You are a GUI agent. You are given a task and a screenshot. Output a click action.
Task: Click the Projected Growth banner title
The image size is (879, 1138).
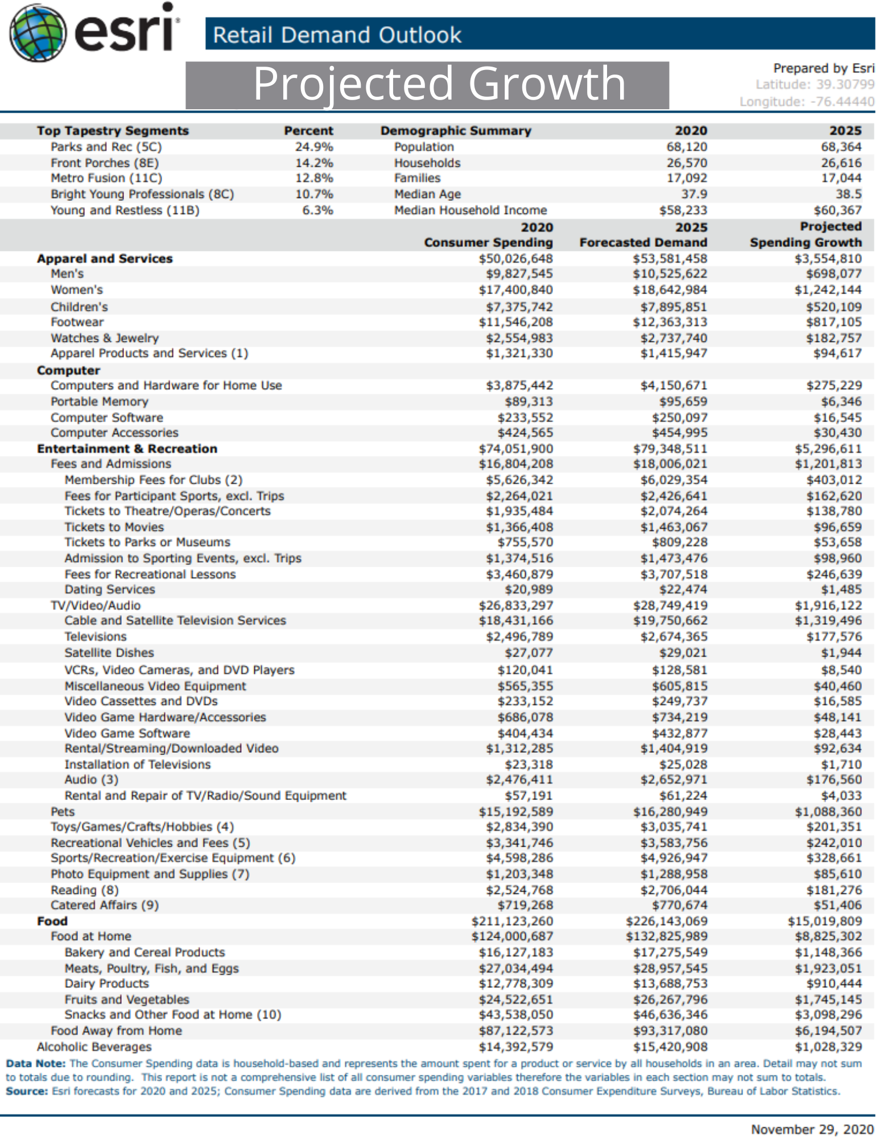coord(439,84)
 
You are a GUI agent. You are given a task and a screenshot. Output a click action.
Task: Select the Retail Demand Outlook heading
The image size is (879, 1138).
coord(337,35)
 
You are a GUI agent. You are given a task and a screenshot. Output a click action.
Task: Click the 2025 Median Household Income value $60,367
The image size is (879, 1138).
coord(837,211)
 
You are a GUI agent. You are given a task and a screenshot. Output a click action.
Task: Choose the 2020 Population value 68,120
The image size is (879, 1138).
coord(687,147)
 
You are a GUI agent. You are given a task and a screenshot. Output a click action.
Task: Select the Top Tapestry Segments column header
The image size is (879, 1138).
coord(113,131)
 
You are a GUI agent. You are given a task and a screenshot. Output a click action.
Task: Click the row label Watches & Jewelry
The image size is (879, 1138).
coord(105,338)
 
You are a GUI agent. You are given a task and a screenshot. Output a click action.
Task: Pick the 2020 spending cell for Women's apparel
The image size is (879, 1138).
coord(515,290)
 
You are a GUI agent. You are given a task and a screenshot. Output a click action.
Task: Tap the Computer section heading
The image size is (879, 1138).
coord(68,370)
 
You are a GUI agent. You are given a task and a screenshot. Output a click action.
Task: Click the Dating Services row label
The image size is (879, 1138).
coord(110,589)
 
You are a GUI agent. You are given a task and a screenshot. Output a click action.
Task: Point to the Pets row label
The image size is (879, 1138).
coord(63,812)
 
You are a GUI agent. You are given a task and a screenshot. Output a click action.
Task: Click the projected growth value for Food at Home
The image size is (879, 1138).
coord(828,937)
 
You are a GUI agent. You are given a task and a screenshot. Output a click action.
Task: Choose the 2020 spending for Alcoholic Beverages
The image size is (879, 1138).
coord(515,1047)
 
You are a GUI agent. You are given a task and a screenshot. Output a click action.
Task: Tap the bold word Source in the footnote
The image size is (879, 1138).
coord(27,1091)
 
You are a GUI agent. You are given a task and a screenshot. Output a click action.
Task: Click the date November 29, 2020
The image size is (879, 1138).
coord(812,1129)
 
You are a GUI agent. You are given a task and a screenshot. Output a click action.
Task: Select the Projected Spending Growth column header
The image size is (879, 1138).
coord(806,234)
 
